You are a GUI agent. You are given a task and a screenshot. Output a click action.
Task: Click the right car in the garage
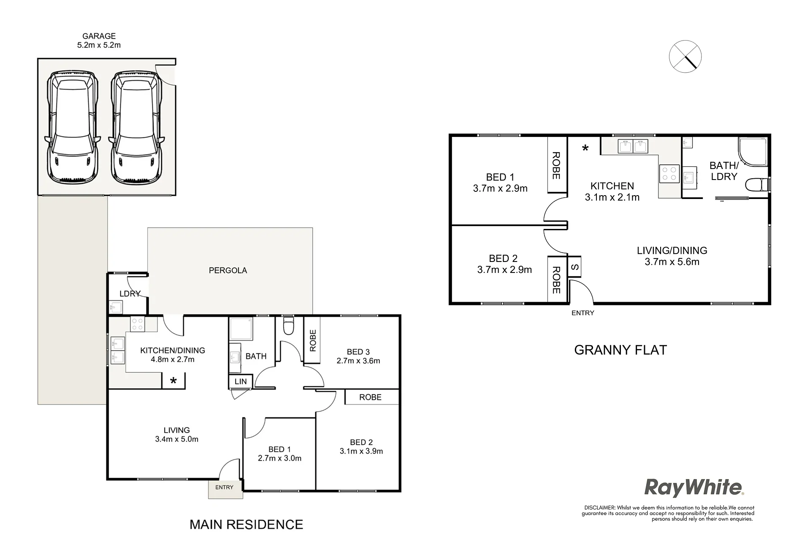(136, 127)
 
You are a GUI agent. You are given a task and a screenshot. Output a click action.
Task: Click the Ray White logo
(694, 488)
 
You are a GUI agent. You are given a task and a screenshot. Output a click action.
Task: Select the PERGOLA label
(228, 270)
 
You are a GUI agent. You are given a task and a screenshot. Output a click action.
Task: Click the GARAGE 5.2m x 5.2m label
(99, 41)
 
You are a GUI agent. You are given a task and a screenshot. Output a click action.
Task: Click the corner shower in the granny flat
(753, 152)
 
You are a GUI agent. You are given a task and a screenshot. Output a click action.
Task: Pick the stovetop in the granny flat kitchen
(669, 174)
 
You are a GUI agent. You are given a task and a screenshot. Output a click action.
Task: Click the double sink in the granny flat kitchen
(633, 146)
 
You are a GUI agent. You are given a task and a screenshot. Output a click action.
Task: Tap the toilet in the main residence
(288, 327)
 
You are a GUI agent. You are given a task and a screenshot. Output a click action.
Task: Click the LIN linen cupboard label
(241, 382)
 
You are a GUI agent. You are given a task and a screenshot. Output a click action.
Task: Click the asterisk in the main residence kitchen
(173, 381)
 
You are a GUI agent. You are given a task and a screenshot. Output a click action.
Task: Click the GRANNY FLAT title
(620, 350)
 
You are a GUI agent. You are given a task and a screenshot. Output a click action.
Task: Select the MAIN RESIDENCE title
(247, 524)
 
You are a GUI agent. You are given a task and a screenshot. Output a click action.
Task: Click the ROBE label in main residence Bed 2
(370, 397)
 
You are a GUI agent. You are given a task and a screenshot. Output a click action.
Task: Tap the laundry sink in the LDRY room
(116, 307)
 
